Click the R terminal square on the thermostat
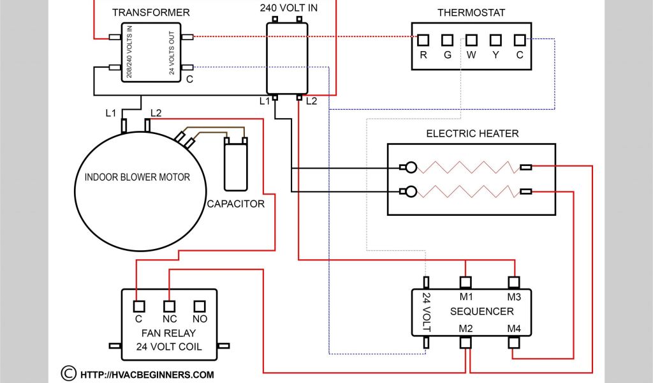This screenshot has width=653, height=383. click(x=423, y=40)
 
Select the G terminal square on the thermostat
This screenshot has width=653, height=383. click(x=448, y=40)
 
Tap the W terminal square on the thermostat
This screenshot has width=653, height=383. click(x=472, y=40)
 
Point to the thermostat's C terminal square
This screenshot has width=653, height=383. click(x=520, y=40)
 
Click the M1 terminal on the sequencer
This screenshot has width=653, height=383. click(x=466, y=282)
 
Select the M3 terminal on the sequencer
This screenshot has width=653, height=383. click(x=514, y=282)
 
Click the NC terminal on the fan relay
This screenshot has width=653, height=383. click(x=170, y=306)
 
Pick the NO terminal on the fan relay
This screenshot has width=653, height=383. click(x=200, y=306)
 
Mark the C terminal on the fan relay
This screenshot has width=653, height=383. click(x=137, y=306)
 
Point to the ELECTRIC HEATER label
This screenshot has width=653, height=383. click(x=472, y=133)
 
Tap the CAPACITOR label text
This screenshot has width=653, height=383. click(x=235, y=204)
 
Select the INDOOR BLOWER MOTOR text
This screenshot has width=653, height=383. click(x=137, y=177)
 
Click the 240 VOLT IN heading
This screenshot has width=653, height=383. click(x=289, y=8)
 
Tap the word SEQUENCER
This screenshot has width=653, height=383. click(x=481, y=312)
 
